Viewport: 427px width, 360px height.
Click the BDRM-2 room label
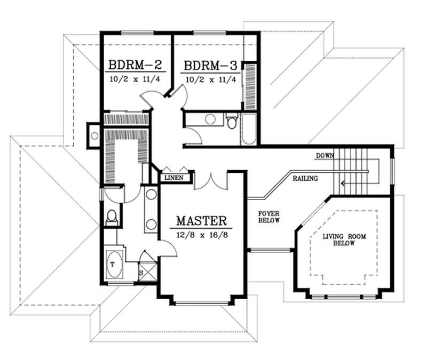coord(136,66)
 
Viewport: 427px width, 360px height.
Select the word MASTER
coord(202,220)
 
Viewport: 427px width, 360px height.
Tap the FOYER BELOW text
coord(269,217)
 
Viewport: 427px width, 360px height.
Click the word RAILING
coord(305,178)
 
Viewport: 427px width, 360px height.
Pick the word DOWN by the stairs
coord(325,156)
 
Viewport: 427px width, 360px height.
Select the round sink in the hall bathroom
coord(211,118)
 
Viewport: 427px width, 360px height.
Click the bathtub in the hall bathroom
coord(249,129)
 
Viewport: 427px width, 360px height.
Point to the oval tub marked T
coord(115,264)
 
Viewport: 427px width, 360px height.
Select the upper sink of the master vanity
coord(151,194)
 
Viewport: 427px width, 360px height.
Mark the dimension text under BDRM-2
coord(136,79)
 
